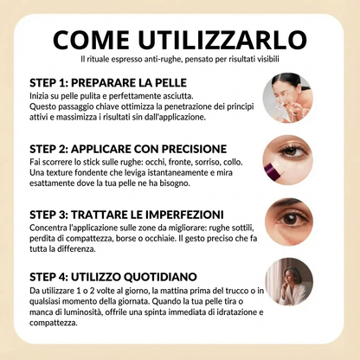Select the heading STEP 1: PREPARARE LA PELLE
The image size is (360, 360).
pyautogui.click(x=106, y=81)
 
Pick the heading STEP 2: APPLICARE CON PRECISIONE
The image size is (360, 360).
pyautogui.click(x=128, y=148)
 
